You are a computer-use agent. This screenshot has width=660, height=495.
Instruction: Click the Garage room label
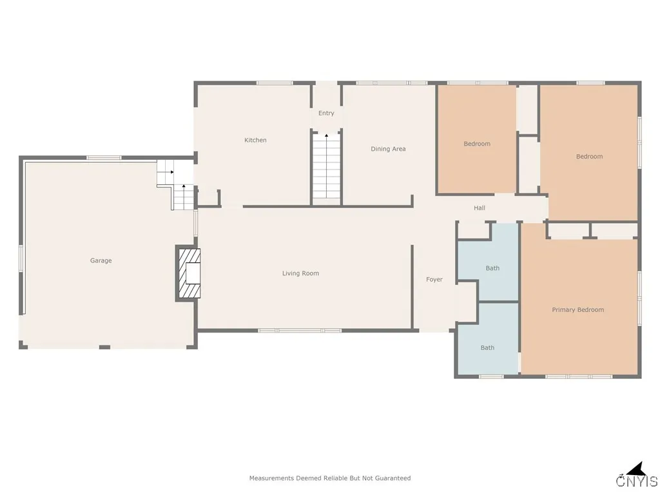click(101, 260)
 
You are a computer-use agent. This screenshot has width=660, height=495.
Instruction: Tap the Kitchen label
click(255, 140)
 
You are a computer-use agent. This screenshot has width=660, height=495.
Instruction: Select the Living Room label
click(300, 273)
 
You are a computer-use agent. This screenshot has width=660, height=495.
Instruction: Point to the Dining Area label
click(388, 149)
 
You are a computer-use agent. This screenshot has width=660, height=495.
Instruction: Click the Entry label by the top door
click(326, 113)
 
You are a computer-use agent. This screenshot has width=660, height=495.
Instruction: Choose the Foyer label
click(434, 280)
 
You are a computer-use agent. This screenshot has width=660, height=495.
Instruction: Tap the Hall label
click(480, 208)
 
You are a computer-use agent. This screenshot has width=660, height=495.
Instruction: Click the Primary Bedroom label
click(577, 310)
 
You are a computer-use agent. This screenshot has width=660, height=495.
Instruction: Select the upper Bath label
click(492, 268)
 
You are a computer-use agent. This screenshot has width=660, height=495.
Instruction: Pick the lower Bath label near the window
click(487, 348)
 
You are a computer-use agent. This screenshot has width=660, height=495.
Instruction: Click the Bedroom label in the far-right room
click(589, 157)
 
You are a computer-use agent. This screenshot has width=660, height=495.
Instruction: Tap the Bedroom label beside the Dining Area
click(477, 144)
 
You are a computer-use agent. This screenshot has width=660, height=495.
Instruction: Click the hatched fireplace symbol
click(188, 273)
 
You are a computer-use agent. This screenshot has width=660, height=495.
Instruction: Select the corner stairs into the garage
click(175, 186)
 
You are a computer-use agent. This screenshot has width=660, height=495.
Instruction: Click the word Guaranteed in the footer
click(393, 478)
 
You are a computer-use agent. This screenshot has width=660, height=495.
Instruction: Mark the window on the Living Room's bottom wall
click(300, 331)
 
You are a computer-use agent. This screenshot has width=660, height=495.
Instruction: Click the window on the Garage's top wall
click(104, 158)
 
